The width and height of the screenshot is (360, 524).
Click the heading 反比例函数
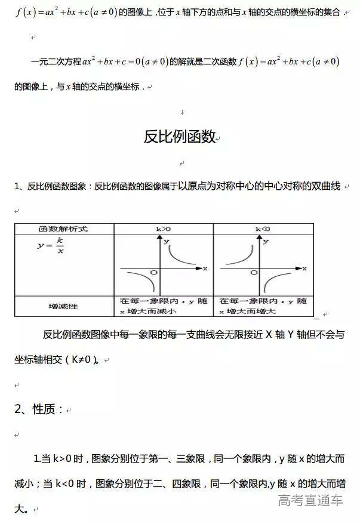coord(179,137)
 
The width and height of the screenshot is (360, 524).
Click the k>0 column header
coord(163,229)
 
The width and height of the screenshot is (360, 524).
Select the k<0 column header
coord(262,229)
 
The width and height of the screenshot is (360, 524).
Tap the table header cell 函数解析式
coord(63,229)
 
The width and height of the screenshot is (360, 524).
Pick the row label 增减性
coord(63,306)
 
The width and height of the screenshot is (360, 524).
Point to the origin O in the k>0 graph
coord(154,273)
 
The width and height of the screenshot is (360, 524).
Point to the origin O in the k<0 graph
coord(254,273)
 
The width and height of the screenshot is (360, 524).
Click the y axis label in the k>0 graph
coord(167,241)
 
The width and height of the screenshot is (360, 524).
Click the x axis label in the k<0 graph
coord(304,269)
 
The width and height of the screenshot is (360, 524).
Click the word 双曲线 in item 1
coord(325,186)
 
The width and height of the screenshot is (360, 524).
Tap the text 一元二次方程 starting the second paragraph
coord(56,61)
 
